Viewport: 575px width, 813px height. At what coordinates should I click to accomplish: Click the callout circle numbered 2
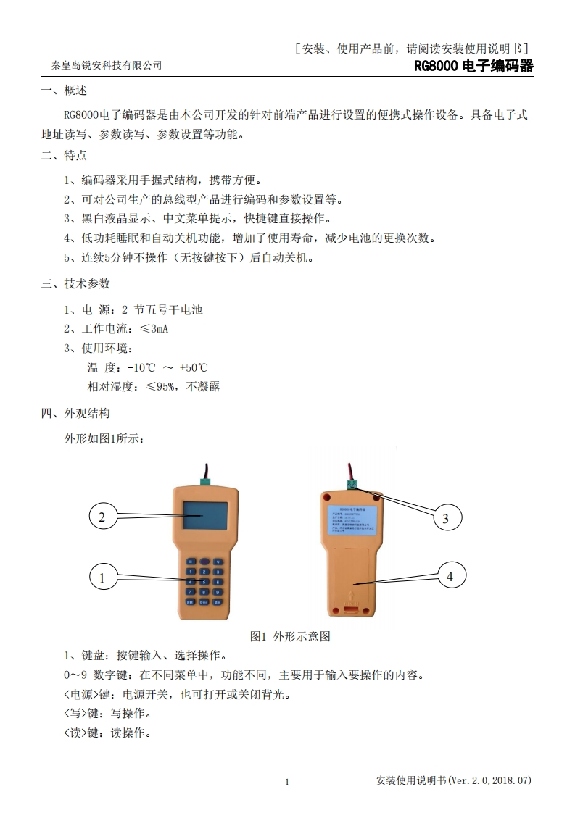click(x=102, y=517)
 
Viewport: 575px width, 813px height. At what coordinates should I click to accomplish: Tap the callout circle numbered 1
click(x=102, y=578)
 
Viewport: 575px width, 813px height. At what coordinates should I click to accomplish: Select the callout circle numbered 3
click(x=445, y=518)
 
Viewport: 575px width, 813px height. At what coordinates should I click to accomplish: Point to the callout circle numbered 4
click(x=450, y=577)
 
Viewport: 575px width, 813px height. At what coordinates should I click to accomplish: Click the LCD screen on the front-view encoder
click(x=204, y=515)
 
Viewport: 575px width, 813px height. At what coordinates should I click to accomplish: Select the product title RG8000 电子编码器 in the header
click(x=473, y=66)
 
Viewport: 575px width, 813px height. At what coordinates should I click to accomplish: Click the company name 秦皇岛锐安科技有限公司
click(x=107, y=66)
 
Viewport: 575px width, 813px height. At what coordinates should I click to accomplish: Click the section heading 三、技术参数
click(x=75, y=283)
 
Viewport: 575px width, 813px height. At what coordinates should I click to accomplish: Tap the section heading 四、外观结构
click(x=75, y=414)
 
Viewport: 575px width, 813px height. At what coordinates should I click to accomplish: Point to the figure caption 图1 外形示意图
click(x=290, y=636)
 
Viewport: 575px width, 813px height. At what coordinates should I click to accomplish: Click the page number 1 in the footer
click(x=287, y=781)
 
